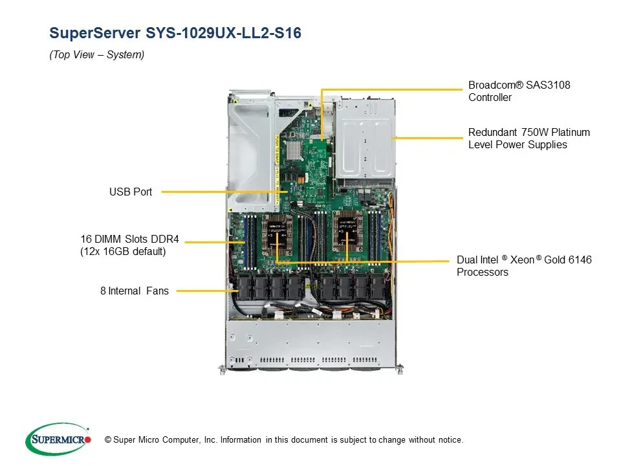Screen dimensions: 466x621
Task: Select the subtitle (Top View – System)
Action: pyautogui.click(x=97, y=55)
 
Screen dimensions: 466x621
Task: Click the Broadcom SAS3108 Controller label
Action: pyautogui.click(x=519, y=91)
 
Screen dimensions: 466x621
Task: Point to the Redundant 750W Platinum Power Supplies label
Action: pyautogui.click(x=528, y=139)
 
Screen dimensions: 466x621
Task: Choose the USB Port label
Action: pyautogui.click(x=131, y=192)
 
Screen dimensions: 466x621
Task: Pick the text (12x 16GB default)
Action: pyautogui.click(x=123, y=251)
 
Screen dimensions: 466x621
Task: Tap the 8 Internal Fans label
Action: pyautogui.click(x=135, y=291)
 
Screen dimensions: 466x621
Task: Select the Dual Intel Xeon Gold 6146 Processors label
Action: pyautogui.click(x=524, y=266)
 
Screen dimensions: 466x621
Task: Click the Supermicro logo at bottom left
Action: pyautogui.click(x=58, y=439)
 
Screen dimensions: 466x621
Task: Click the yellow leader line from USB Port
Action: pyautogui.click(x=220, y=192)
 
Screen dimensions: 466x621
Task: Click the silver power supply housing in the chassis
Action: pyautogui.click(x=364, y=139)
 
